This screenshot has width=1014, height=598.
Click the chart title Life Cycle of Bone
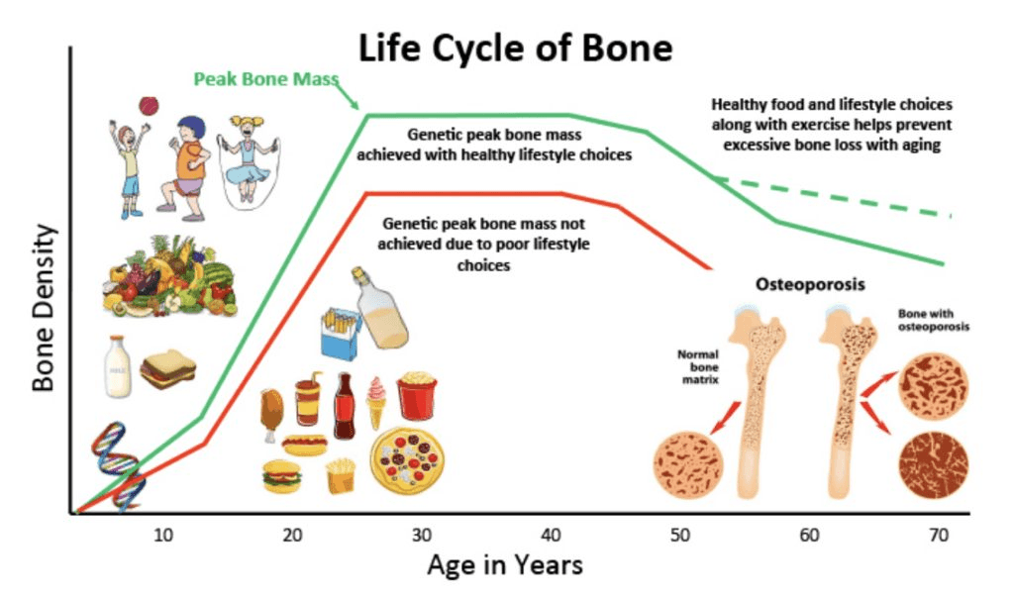(515, 49)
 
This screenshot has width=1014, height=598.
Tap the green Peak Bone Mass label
(265, 79)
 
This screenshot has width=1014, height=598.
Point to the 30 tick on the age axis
(422, 536)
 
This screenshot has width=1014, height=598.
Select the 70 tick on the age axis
(939, 536)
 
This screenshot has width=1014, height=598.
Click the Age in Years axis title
(505, 565)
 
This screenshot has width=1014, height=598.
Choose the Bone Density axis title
(44, 308)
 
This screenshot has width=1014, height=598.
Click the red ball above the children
(149, 106)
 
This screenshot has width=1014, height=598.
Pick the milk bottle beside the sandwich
(118, 366)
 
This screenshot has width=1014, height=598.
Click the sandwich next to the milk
(168, 369)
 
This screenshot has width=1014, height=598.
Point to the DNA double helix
(119, 465)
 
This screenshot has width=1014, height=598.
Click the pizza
(407, 460)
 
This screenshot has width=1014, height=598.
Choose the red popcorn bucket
(417, 395)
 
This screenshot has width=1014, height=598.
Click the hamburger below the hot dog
(282, 476)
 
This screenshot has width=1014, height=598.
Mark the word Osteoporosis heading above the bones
(810, 284)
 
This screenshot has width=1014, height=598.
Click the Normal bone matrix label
(698, 366)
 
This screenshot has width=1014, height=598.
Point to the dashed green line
(833, 196)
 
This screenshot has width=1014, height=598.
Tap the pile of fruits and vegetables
(170, 276)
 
